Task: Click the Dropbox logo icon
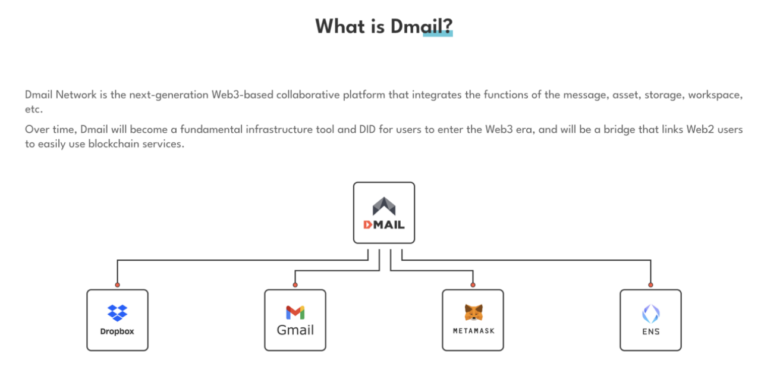tap(117, 313)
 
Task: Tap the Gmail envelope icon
tap(295, 312)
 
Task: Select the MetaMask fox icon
tap(474, 312)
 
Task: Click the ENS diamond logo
tap(651, 314)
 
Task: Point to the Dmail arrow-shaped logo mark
tap(384, 206)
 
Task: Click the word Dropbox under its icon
tap(117, 331)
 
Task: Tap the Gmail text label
tap(295, 330)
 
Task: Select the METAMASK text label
tap(474, 331)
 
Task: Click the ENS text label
tap(651, 331)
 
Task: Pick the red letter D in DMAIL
tap(368, 225)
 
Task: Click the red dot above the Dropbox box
tap(117, 285)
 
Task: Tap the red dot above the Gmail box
tap(295, 285)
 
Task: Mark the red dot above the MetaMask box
tap(473, 285)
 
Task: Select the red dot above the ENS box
tap(650, 285)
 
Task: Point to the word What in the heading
tap(339, 26)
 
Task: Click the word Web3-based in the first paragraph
tap(242, 95)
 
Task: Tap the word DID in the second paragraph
tap(367, 130)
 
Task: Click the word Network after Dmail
tap(76, 95)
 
